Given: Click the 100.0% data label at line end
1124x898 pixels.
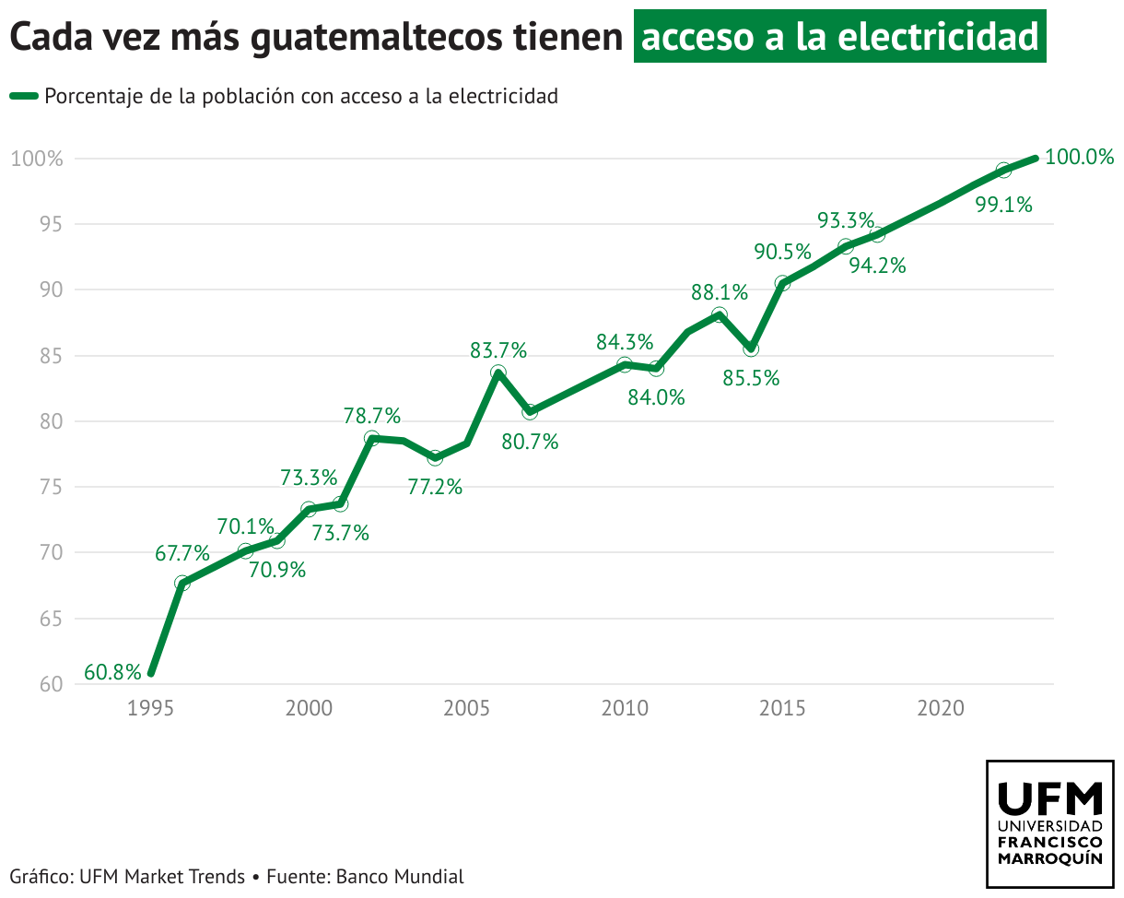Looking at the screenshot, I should [x=1080, y=158].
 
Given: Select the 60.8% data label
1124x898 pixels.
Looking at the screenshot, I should [x=112, y=672].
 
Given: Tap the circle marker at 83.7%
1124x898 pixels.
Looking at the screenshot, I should [x=498, y=373].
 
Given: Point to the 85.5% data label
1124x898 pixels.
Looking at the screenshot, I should [x=751, y=378].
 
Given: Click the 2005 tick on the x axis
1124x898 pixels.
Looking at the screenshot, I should [x=467, y=708].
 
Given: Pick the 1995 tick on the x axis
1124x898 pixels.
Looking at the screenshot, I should [x=150, y=708].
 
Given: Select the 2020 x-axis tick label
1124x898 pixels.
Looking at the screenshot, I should [x=941, y=708].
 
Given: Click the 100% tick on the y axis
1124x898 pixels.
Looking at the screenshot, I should [x=37, y=159].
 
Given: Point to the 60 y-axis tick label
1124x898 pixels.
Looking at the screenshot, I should [x=51, y=685].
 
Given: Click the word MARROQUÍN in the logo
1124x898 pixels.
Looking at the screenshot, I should [x=1049, y=858].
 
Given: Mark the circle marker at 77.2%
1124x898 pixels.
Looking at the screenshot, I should [x=435, y=458].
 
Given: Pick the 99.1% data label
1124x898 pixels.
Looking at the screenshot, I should [x=1003, y=206].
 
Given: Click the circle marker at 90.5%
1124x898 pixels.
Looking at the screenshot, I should [x=782, y=284].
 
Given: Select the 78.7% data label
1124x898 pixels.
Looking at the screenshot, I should [x=372, y=416].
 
